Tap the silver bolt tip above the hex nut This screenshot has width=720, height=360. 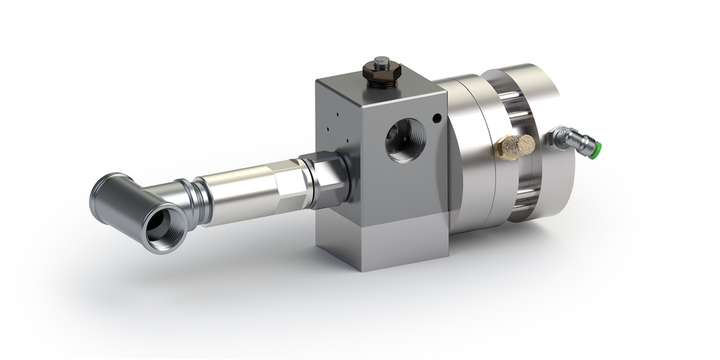click(381, 60)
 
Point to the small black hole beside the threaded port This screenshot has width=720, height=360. click(437, 117)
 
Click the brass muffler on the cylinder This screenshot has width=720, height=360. click(515, 146)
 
